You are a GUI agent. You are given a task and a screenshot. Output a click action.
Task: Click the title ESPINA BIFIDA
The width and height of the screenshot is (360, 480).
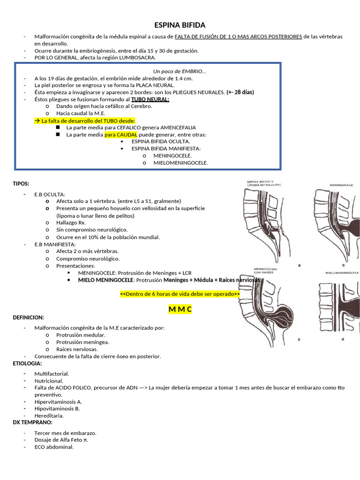coord(180,25)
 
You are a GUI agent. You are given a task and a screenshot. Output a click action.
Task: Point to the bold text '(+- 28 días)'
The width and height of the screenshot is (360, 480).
coord(240,92)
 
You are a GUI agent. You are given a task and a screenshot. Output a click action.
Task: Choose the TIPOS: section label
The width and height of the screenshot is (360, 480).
coord(21,183)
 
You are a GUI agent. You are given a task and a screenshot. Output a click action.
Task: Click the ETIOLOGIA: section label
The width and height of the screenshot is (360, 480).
coord(27,363)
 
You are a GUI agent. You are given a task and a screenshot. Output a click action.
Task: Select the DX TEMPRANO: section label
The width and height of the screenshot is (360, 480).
coord(32,422)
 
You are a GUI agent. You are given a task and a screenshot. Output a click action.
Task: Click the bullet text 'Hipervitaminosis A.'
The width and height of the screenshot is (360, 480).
coord(58,401)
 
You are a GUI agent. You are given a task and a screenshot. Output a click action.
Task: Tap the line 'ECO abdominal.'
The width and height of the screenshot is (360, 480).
coord(54,447)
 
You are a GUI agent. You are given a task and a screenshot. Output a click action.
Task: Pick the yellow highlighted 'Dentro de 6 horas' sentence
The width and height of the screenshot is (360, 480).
coord(180,294)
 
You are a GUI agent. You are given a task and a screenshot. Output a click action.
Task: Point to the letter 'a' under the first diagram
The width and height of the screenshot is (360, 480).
coord(299,265)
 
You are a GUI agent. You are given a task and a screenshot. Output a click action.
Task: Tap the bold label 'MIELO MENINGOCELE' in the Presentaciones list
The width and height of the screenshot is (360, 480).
coord(105,279)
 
